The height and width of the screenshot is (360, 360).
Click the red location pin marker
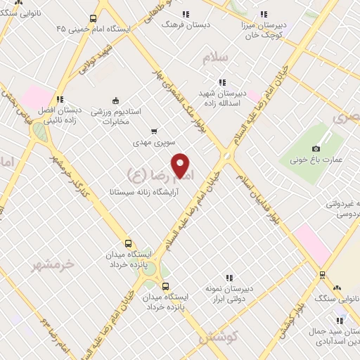point(181,165)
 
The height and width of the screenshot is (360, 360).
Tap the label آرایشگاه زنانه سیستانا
point(145,191)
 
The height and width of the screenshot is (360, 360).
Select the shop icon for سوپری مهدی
point(154,131)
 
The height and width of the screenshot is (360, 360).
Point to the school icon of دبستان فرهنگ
point(186,13)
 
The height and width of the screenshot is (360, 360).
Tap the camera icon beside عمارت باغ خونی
point(316,148)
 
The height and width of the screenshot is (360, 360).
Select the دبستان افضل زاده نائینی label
point(60,115)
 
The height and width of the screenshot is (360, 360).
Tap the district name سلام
point(217,59)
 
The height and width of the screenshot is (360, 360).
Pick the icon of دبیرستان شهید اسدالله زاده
point(222,82)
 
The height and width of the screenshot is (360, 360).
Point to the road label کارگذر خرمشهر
point(71,183)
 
